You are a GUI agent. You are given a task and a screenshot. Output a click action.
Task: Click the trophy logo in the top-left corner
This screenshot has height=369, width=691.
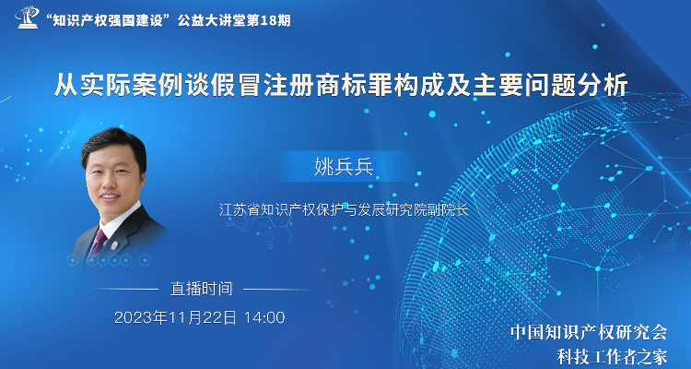[28, 17]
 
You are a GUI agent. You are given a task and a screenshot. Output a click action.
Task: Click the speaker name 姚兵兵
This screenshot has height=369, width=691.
[344, 167]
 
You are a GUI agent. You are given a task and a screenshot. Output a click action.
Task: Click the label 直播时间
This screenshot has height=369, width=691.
[201, 289]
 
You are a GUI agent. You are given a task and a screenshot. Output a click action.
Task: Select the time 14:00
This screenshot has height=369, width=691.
[264, 317]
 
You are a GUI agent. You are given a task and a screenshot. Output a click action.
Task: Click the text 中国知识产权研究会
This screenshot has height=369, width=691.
[590, 333]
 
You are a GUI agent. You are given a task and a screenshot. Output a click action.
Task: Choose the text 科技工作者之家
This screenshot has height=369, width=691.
[612, 357]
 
